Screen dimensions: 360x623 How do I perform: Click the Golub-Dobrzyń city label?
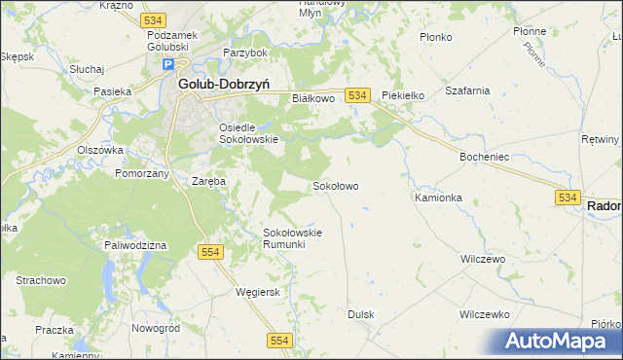click(224, 84)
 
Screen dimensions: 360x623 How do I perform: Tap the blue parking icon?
click(167, 65)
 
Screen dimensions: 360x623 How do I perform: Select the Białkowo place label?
click(313, 98)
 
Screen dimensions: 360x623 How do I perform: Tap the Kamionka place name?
click(438, 198)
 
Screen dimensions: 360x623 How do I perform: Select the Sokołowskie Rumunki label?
click(292, 238)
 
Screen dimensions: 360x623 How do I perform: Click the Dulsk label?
click(361, 314)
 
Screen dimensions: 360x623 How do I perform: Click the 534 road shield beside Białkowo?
click(357, 94)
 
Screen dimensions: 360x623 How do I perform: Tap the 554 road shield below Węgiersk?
click(279, 339)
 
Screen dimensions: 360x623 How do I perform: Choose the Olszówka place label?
click(100, 150)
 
